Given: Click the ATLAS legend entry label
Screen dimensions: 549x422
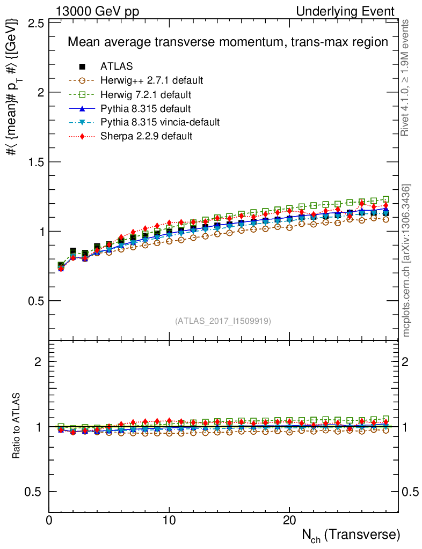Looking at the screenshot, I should [117, 66].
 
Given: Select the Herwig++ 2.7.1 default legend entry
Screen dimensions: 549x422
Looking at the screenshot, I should [151, 80].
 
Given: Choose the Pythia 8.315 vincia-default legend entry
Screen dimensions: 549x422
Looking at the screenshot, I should [159, 122].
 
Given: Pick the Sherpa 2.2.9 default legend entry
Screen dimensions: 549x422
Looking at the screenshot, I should [146, 136].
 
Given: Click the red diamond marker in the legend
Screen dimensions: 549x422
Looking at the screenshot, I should [83, 136].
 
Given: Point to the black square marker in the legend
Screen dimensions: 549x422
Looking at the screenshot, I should [83, 66].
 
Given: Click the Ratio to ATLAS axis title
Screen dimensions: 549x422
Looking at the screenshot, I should [17, 427].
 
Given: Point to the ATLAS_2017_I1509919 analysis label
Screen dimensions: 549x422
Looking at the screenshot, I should [223, 321].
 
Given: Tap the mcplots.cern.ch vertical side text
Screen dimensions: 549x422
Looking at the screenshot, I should [407, 261].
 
